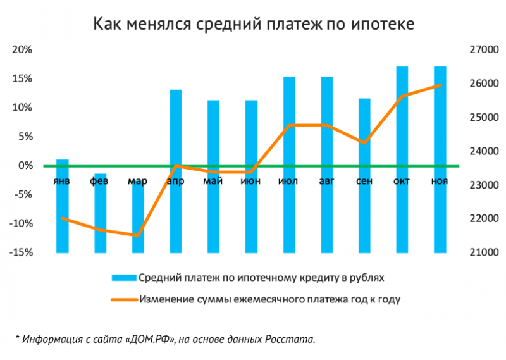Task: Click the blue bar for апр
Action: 176,171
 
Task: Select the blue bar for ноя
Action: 440,158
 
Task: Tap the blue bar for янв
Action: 62,206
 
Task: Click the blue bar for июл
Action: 289,164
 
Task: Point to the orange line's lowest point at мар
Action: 137,235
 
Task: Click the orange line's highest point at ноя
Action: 440,85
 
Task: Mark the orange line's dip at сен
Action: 364,143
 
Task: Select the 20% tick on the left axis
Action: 24,50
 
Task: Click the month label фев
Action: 99,182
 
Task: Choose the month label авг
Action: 326,182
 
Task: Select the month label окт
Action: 402,182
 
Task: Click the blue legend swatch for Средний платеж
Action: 123,278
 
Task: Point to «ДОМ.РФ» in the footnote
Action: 149,339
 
